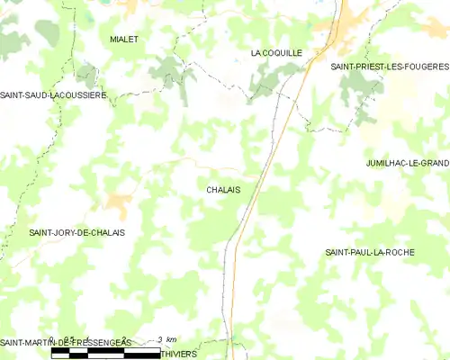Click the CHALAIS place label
point(222,190)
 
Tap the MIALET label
point(123,40)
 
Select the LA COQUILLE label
point(276,54)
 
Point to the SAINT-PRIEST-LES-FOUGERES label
point(389,67)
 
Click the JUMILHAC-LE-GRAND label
point(407,163)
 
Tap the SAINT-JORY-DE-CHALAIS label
point(76,232)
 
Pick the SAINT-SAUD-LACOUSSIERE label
point(53,94)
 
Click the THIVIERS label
point(179,354)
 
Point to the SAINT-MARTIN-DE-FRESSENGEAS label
point(65,342)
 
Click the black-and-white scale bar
point(105,352)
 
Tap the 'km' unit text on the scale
point(171,340)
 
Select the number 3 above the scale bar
point(159,340)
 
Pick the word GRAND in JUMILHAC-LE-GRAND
point(432,163)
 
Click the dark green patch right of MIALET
point(168,67)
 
